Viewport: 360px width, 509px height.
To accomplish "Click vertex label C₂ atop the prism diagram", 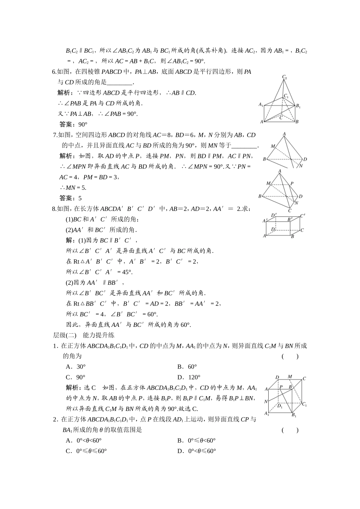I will click(x=284, y=77).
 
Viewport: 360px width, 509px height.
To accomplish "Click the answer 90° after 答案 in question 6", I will click(x=83, y=124).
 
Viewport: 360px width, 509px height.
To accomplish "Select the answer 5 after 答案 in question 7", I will click(x=80, y=198).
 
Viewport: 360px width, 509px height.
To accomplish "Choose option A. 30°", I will click(x=76, y=367).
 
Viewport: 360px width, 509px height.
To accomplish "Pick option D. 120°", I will click(x=189, y=377).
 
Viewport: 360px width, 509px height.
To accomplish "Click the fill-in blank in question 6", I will click(x=120, y=83).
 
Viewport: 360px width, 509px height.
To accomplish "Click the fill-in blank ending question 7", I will click(x=244, y=146).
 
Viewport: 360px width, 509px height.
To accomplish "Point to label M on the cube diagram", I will click(x=290, y=377).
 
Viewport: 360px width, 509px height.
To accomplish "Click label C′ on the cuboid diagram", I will click(x=302, y=216).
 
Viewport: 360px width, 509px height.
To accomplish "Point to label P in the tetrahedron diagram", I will click(x=291, y=184).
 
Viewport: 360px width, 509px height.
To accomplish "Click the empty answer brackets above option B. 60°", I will click(x=290, y=356).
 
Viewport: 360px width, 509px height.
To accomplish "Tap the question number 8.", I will click(x=54, y=209).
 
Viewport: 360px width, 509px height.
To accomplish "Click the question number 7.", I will click(x=55, y=135).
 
